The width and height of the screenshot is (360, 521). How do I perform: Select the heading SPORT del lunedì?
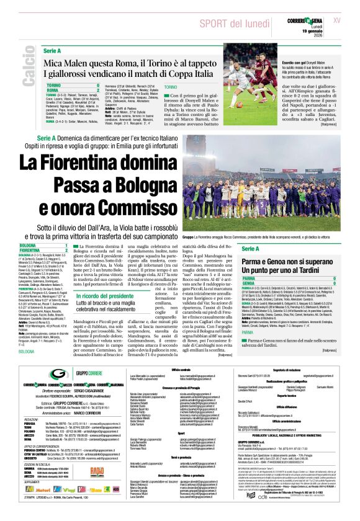pos(230,23)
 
